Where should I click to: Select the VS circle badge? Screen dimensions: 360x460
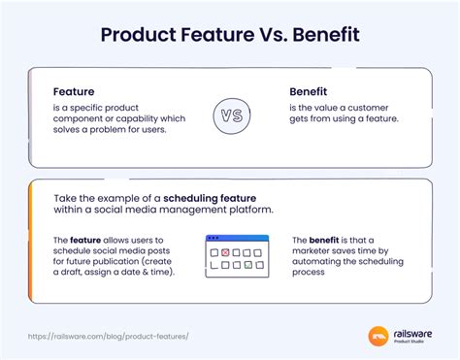tap(231, 115)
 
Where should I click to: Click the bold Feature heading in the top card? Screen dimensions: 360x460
tap(76, 92)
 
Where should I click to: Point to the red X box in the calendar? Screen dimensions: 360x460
tap(226, 252)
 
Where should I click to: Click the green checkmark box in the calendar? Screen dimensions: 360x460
tap(247, 263)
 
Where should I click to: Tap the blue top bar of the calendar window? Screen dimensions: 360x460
tap(231, 238)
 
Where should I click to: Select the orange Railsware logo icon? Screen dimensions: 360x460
tap(378, 337)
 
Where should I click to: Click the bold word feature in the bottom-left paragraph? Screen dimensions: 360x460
tap(84, 240)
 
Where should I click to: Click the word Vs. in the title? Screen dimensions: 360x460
tap(256, 36)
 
